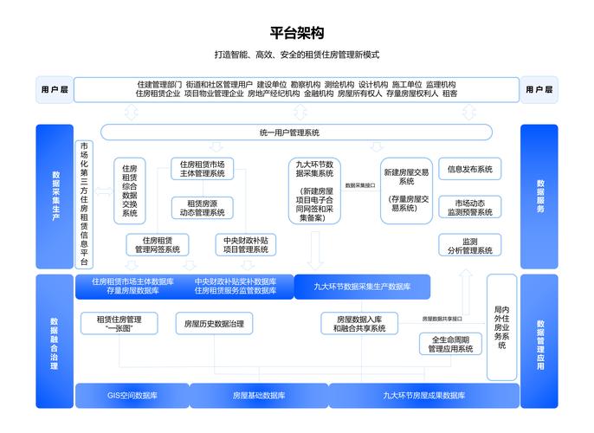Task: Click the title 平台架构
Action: [296, 34]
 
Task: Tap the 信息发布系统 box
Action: [470, 169]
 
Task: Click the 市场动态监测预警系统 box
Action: [470, 206]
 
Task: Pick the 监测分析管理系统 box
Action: [470, 246]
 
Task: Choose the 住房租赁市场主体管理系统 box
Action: [203, 168]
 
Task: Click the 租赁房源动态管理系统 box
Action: [203, 207]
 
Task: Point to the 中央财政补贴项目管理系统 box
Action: [243, 245]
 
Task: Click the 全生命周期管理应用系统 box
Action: [450, 344]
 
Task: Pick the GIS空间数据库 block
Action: [132, 396]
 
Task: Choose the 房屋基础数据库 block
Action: [259, 396]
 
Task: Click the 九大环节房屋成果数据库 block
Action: [424, 396]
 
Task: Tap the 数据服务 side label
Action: [539, 197]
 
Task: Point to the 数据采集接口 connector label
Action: [360, 185]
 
